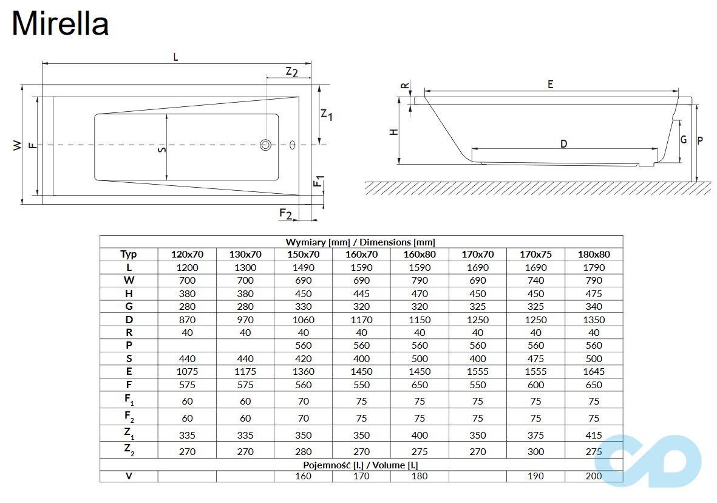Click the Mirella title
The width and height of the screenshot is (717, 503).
60,24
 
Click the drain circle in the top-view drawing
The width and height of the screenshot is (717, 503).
266,145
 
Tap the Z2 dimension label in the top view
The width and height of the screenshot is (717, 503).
291,72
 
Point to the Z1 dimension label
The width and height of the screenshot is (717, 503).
327,114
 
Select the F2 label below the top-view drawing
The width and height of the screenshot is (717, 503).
286,213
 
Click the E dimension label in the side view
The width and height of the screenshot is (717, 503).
550,84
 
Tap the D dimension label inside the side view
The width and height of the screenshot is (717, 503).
563,143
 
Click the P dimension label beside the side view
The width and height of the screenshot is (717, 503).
700,140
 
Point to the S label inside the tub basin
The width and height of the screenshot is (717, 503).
161,149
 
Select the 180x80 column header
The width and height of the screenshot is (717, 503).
594,255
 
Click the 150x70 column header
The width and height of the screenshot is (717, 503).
303,255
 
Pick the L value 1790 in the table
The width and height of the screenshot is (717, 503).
594,267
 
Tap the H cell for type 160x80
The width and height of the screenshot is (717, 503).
420,293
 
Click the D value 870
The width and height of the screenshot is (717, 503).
187,320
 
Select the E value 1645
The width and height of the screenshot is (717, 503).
594,371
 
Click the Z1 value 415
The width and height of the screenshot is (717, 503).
594,435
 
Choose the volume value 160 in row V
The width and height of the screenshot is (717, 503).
303,476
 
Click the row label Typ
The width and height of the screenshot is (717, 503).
129,255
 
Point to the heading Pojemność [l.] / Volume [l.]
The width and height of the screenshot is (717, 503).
361,465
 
